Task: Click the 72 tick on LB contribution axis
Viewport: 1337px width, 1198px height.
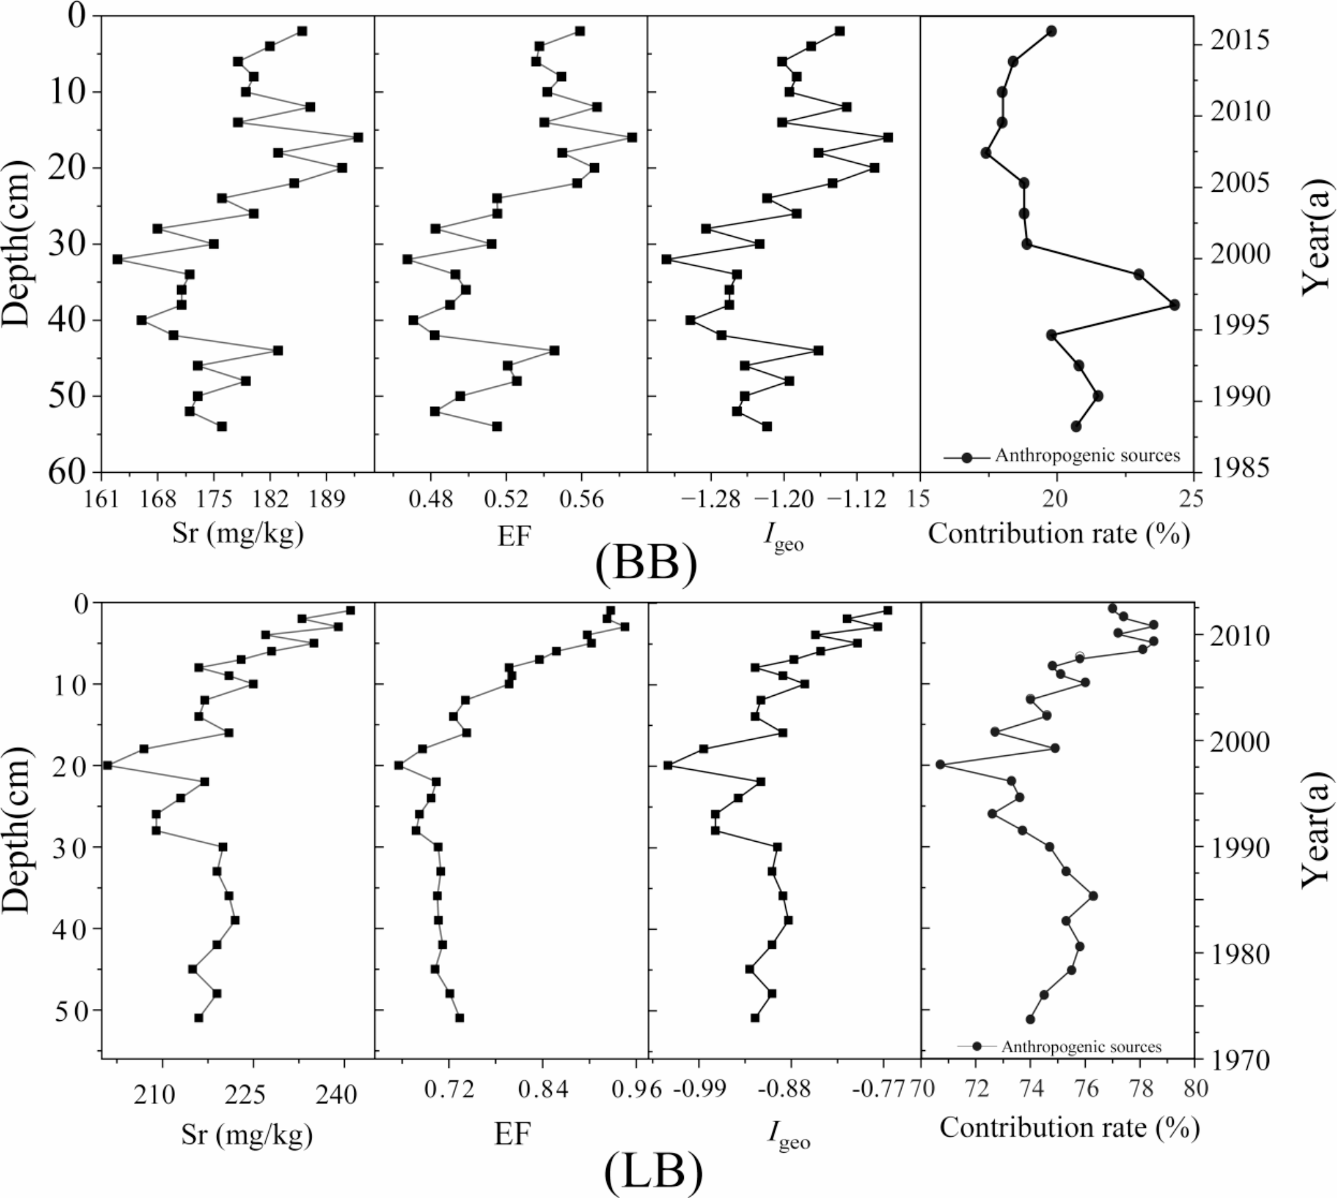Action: [x=976, y=1091]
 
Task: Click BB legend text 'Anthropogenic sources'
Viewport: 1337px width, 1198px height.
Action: [x=1087, y=455]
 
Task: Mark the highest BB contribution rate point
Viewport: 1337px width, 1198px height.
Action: [x=1175, y=304]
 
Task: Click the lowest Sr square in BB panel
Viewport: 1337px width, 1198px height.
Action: [x=117, y=259]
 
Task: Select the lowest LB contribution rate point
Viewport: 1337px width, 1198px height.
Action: [x=940, y=764]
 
